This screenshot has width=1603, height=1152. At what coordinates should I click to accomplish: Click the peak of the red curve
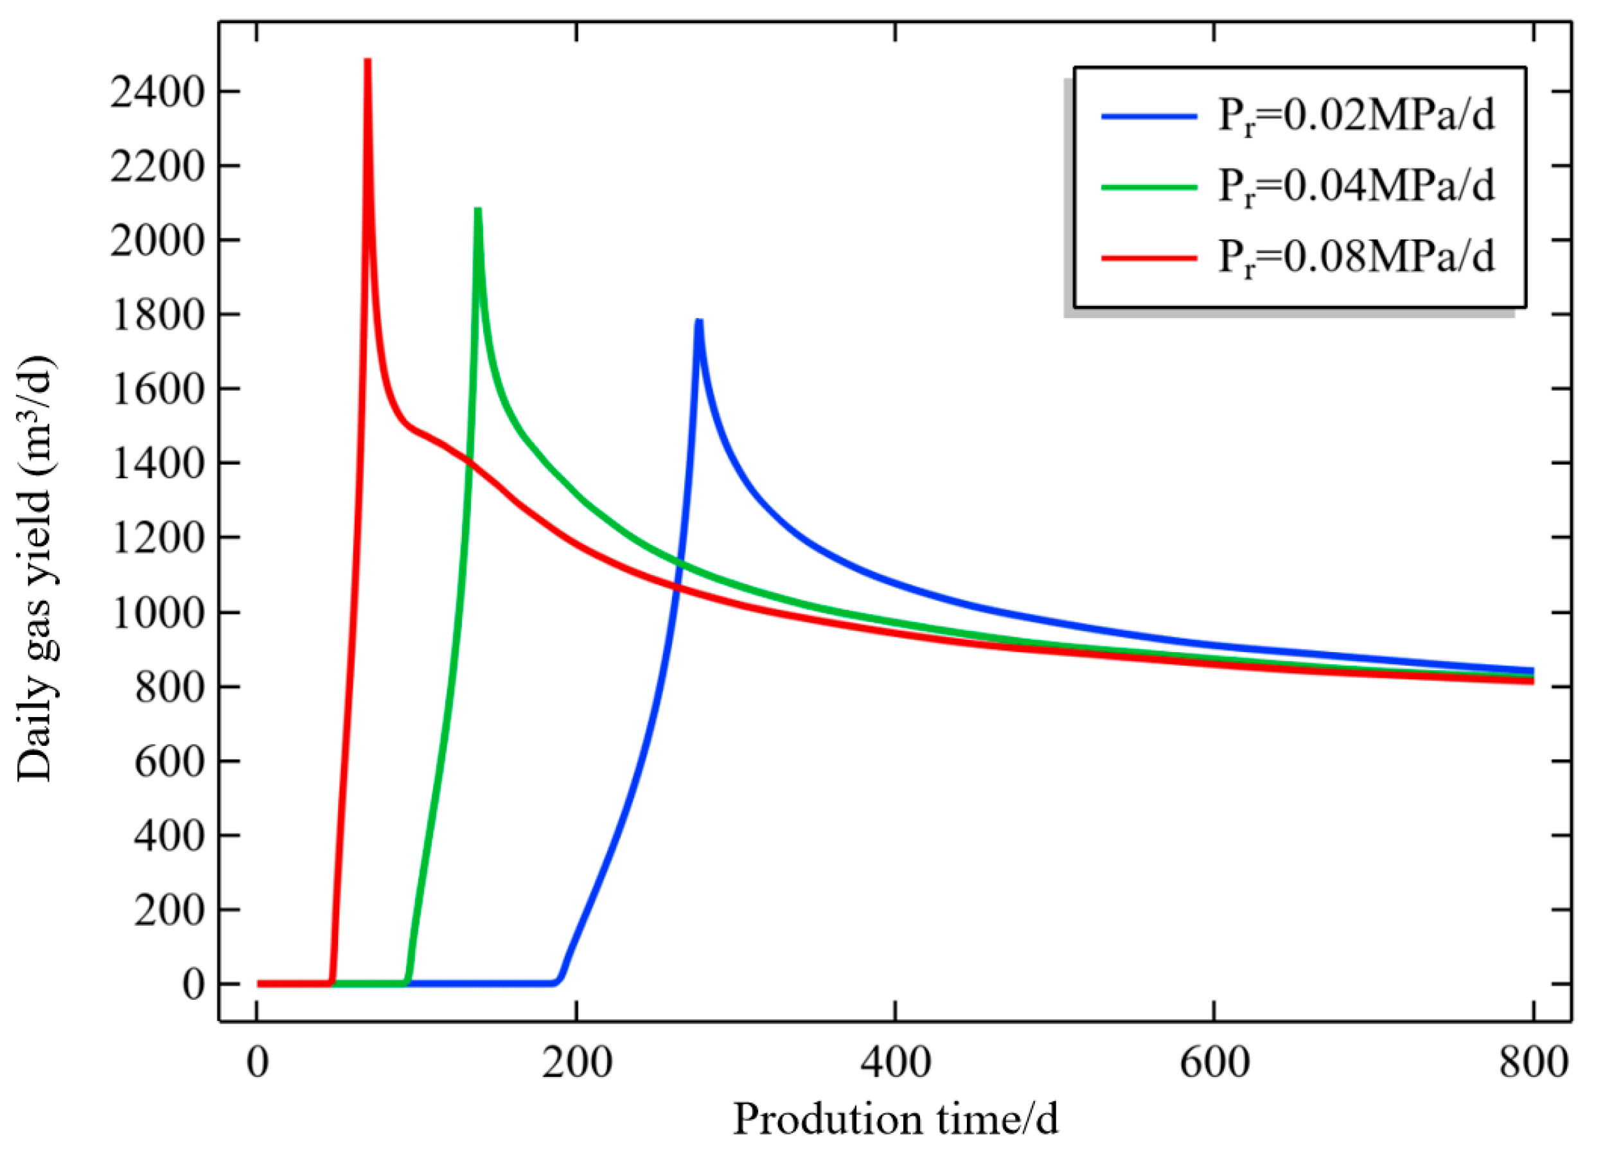[368, 62]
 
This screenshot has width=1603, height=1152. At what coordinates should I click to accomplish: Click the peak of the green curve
[479, 211]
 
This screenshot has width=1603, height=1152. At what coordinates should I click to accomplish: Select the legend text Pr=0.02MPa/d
[1356, 115]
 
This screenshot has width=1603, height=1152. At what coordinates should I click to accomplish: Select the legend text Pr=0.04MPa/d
[1356, 186]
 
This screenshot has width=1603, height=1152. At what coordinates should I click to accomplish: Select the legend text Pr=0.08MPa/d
[1356, 256]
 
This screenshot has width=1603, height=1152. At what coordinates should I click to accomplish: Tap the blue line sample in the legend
[1149, 116]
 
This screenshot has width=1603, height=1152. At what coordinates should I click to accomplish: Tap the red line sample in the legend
[1149, 257]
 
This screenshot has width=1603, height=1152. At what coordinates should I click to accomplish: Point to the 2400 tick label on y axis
[157, 92]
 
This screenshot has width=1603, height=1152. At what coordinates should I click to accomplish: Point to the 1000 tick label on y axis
[157, 612]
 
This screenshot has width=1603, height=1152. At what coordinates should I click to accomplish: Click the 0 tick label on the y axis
[193, 984]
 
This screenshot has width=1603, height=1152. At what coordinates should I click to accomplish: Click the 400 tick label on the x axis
[895, 1062]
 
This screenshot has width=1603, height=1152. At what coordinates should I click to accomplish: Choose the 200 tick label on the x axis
[577, 1062]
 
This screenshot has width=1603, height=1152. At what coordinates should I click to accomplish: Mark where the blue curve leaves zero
[558, 981]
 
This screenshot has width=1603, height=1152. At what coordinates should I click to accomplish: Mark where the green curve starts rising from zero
[407, 981]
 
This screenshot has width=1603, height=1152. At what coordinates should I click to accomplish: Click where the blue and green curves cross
[679, 563]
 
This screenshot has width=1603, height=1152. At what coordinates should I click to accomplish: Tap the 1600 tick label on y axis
[157, 389]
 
